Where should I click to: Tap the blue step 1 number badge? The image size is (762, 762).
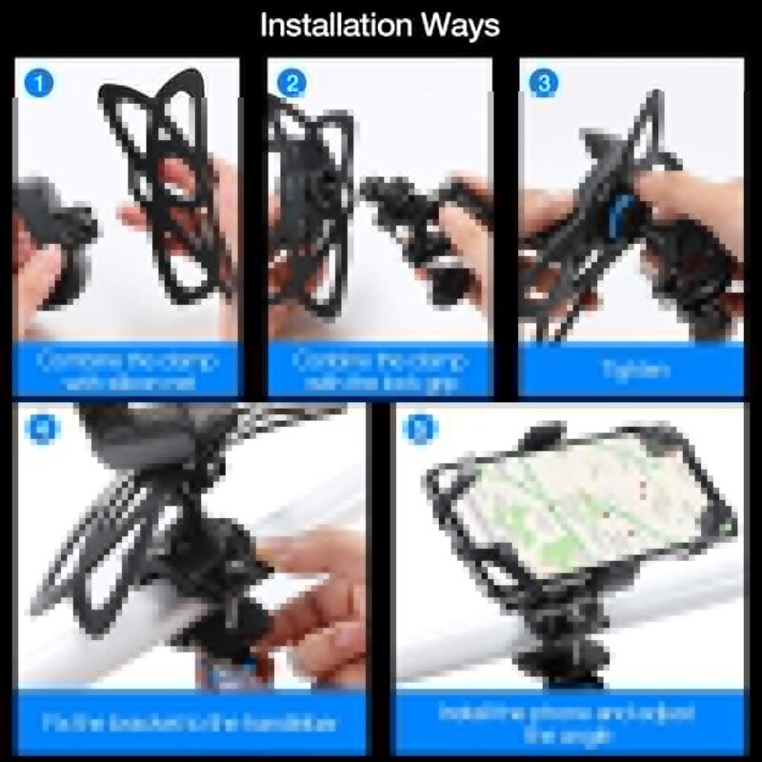[x=39, y=83]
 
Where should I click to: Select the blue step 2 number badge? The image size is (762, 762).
[x=293, y=83]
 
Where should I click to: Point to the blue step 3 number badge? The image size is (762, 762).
[x=544, y=83]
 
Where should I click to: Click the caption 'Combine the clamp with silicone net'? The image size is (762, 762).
[x=128, y=371]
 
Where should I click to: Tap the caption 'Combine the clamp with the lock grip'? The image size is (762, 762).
[x=379, y=371]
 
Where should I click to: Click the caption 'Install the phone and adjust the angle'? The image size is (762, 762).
[x=567, y=723]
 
